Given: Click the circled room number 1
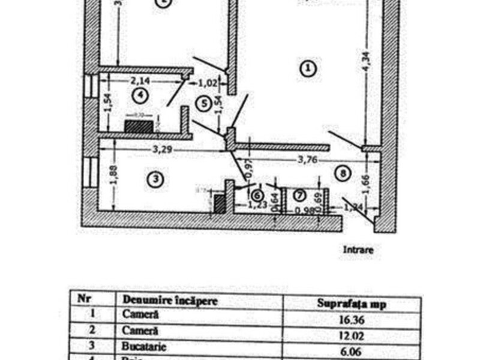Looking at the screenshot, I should click(307, 68).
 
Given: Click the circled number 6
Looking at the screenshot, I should click(257, 195).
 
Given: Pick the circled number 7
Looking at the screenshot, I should click(299, 194).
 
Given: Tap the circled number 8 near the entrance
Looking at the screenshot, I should click(343, 174).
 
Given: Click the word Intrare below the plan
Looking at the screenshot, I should click(358, 250).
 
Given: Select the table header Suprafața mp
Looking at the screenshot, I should click(352, 304).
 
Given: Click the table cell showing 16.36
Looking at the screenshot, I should click(352, 319).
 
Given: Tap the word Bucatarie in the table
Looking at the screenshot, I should click(142, 347).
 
